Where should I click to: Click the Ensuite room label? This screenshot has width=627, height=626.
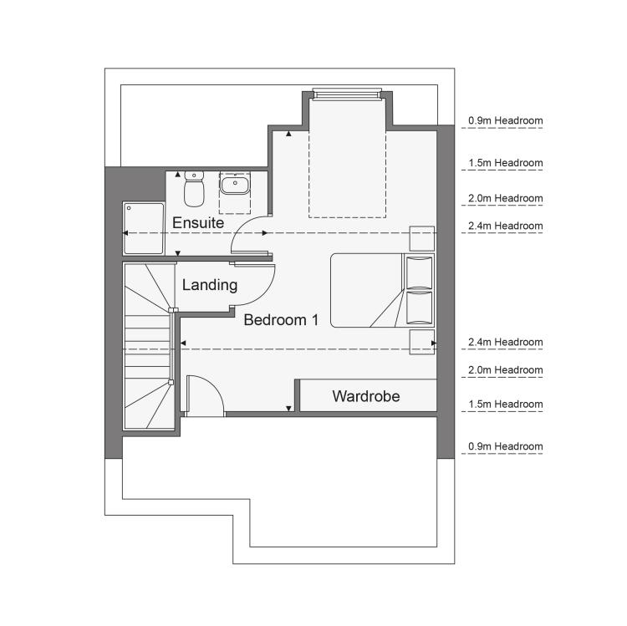tap(198, 222)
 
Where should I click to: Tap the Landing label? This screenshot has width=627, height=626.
tap(210, 285)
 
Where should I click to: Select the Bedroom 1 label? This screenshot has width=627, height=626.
tap(281, 320)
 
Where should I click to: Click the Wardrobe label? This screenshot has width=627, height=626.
tap(366, 396)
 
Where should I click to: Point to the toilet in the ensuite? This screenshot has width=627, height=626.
tap(194, 189)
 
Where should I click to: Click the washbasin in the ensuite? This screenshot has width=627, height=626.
tap(234, 184)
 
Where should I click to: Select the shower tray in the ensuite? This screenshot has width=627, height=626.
tap(144, 228)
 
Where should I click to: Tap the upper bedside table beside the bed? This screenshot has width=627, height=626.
tap(422, 239)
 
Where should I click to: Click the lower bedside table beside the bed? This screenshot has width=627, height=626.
tap(422, 342)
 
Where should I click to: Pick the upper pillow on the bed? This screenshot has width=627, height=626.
tap(419, 272)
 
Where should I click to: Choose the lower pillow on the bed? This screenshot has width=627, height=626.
tap(419, 308)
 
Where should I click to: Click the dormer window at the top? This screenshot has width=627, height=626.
tap(347, 94)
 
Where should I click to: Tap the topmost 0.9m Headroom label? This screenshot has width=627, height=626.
tap(506, 120)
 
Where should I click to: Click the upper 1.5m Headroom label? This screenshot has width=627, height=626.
tap(506, 163)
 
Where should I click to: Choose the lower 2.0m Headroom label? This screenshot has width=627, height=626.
tap(506, 369)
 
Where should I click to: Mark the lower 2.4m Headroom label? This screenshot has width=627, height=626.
tap(506, 342)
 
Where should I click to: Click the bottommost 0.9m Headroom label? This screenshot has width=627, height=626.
tap(506, 446)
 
